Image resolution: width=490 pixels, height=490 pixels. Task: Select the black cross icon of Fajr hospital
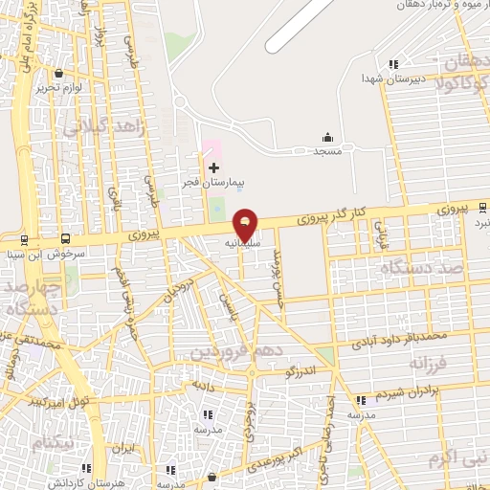(x=213, y=167)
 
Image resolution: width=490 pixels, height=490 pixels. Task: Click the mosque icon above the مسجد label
(x=328, y=137)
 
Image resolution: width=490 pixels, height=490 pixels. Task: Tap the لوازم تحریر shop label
(x=61, y=87)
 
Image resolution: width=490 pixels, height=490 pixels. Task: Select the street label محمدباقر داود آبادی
(x=396, y=337)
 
